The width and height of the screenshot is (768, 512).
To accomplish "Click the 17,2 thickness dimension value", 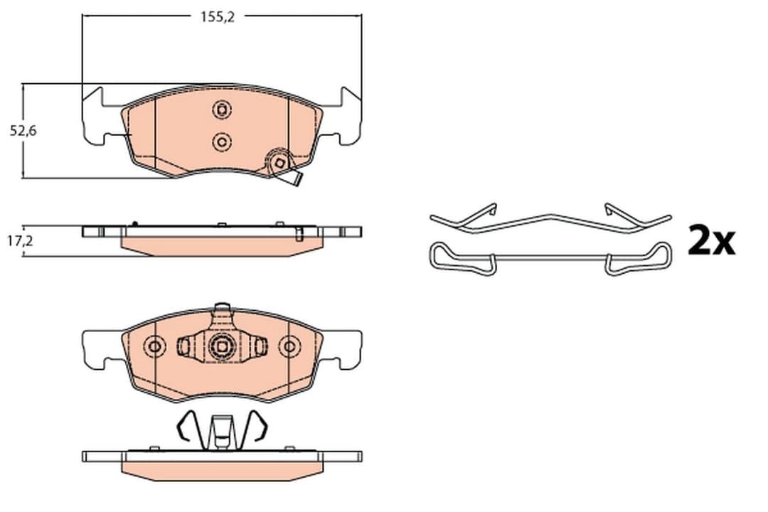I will click(x=19, y=242).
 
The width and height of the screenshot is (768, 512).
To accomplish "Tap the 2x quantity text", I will click(x=710, y=242).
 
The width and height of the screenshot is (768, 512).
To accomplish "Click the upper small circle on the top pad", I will click(x=221, y=110).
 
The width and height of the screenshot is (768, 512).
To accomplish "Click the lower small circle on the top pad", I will click(x=221, y=142).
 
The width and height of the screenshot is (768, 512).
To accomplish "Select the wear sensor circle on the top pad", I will click(x=279, y=164).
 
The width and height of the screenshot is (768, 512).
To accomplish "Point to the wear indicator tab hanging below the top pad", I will click(x=291, y=181).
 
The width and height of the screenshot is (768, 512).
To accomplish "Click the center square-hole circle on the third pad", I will click(x=222, y=347).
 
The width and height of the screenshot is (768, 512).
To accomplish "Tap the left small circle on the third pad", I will click(x=154, y=347).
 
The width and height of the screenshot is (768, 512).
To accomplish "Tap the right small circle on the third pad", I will click(x=288, y=347).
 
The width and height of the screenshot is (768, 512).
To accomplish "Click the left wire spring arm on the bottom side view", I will click(x=186, y=429).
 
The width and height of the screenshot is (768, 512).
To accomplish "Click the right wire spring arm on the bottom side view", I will click(x=257, y=429).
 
